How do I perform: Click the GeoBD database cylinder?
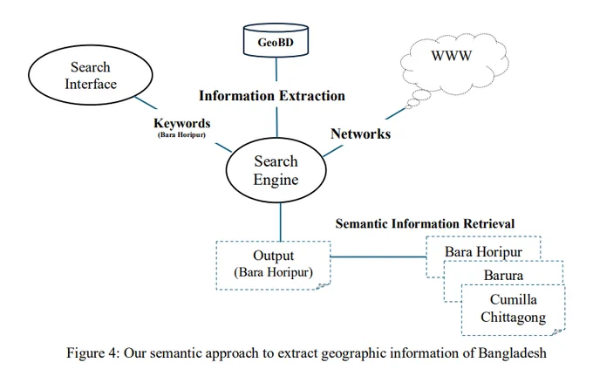point(276,40)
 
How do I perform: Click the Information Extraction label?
point(272,96)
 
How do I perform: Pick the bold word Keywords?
point(182,123)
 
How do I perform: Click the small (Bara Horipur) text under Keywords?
point(181,134)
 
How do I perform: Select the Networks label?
point(360,133)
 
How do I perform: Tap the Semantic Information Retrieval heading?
point(425,223)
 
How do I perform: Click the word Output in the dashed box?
point(273,256)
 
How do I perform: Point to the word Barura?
point(503,275)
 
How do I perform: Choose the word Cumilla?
point(513,299)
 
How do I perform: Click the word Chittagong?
point(513,317)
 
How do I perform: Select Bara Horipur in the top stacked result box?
point(483,252)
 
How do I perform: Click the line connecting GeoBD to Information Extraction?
point(276,69)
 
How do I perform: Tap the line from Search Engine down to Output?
point(280,222)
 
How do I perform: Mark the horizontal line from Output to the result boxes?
point(378,256)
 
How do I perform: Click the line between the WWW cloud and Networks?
point(395,113)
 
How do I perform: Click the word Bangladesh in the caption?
point(513,353)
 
